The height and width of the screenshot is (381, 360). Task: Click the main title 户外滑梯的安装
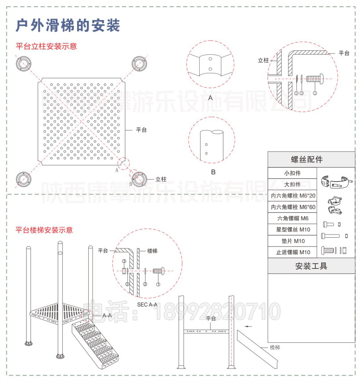coord(68,25)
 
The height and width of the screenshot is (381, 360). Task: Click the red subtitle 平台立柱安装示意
coord(46,46)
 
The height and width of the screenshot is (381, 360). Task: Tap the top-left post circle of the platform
coord(23,63)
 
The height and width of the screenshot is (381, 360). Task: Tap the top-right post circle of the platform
coord(139,63)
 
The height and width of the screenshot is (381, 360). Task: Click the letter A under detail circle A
coord(210,97)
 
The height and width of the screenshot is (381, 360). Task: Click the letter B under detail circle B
coord(213,171)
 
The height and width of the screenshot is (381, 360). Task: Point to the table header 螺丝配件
coord(311,159)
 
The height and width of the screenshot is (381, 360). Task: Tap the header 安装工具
coord(311,266)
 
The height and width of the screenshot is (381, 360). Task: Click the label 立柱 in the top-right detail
coord(263,60)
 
